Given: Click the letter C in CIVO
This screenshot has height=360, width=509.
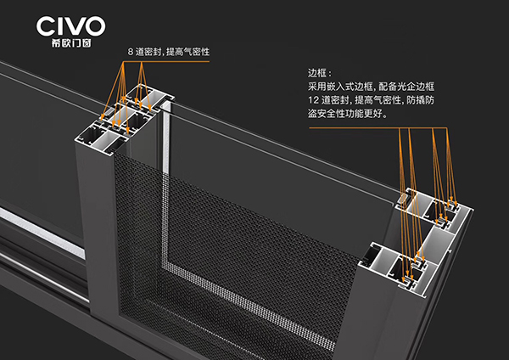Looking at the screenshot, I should pyautogui.click(x=44, y=25).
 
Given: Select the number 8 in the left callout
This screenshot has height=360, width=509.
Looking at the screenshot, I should pyautogui.click(x=131, y=52).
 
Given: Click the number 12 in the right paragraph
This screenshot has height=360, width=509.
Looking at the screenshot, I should pyautogui.click(x=314, y=100).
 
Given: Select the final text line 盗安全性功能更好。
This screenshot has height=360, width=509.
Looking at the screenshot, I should pyautogui.click(x=349, y=113).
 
